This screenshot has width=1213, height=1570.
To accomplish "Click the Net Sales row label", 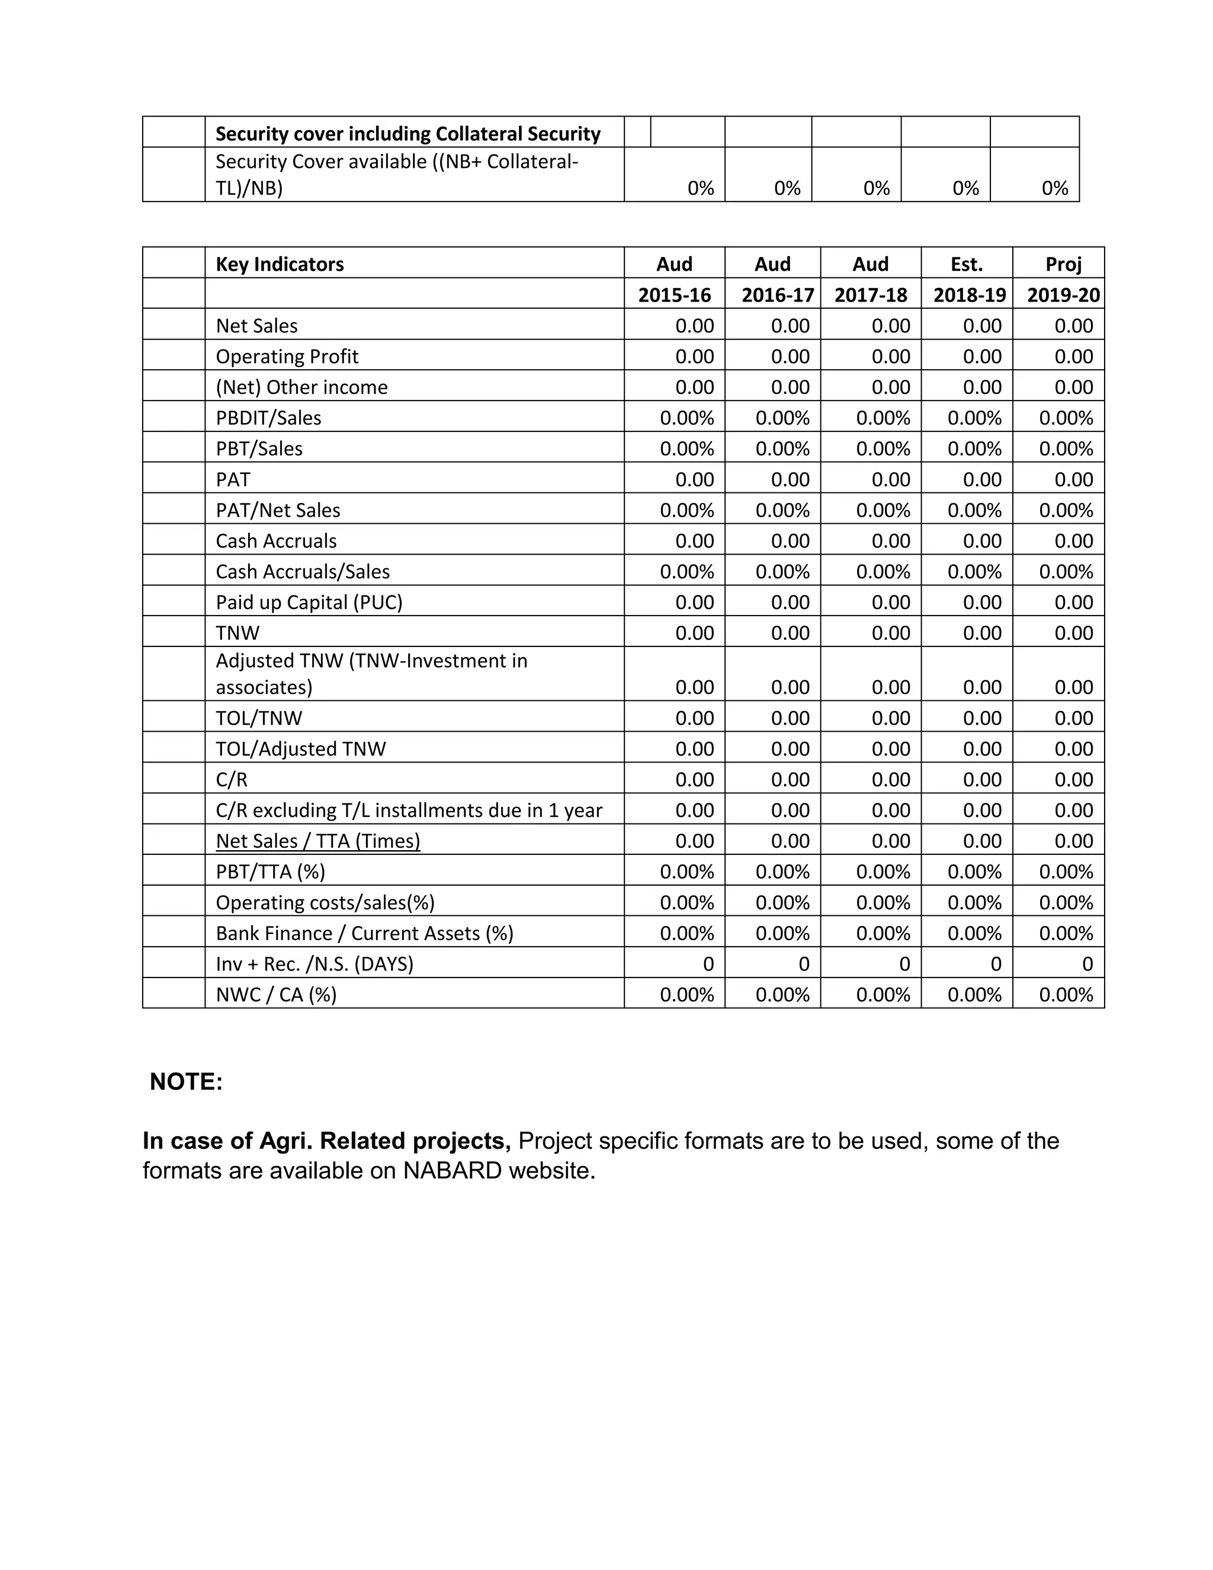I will tap(256, 326).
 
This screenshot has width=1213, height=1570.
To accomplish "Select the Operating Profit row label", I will tap(287, 357).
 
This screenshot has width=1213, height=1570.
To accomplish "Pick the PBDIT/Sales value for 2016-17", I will tap(782, 418).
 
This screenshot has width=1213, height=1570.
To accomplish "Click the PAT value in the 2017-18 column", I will tap(890, 479).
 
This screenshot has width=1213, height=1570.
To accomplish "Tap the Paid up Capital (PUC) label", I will tap(309, 603).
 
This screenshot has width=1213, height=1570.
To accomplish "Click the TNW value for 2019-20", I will tap(1074, 633).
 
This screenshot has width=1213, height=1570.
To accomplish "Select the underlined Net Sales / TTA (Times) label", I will tap(317, 841).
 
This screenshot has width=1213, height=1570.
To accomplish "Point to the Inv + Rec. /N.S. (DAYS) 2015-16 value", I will tap(708, 964).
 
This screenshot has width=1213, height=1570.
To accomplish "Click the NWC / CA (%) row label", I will tap(276, 995).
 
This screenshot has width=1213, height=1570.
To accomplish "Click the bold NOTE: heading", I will tap(186, 1082).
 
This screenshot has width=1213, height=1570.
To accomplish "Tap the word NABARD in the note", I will tap(453, 1170).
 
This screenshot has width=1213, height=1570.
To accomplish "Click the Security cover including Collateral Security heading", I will tap(407, 134).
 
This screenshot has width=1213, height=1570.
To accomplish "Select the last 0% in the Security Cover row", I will tap(1054, 188).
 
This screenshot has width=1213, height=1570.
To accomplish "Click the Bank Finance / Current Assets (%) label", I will tap(364, 933).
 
